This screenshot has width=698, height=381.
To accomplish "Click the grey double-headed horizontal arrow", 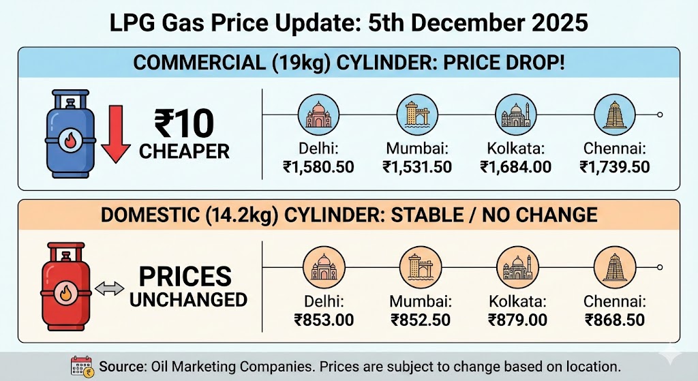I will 109,289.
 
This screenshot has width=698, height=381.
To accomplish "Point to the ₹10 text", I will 184,123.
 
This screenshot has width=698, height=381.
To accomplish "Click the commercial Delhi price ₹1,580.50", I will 318,166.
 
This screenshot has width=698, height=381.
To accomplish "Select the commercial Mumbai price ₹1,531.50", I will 417,166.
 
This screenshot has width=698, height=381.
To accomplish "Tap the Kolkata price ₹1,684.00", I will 516,166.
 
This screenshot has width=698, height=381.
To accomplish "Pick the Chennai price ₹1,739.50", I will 615,166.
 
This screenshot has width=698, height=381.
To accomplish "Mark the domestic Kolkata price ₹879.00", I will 517,318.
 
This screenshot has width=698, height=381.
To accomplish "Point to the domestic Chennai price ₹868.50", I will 615,318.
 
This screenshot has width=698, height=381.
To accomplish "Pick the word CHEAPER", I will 184,151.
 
